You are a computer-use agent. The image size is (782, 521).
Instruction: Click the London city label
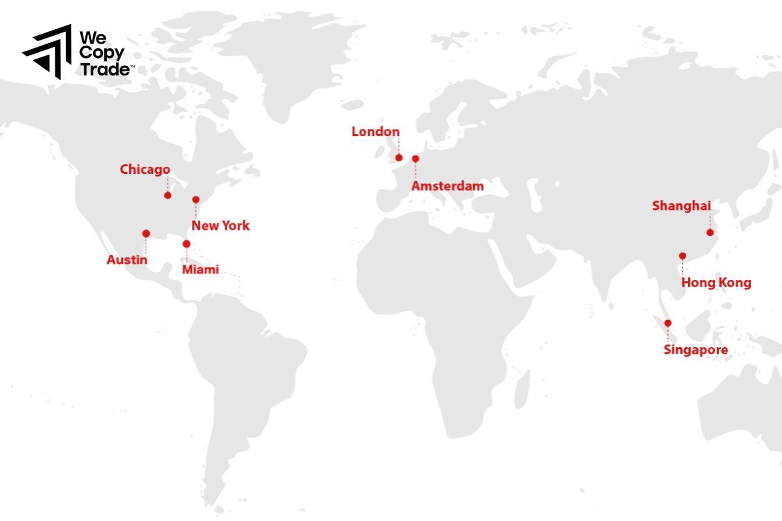click(375, 132)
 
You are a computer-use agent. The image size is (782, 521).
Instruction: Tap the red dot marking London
click(399, 157)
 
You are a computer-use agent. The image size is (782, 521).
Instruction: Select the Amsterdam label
click(448, 186)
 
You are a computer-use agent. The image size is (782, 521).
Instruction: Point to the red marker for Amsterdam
click(416, 158)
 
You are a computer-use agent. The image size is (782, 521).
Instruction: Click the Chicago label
click(145, 170)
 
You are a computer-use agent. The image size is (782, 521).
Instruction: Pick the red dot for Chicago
click(167, 195)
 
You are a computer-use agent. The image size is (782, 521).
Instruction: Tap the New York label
click(220, 226)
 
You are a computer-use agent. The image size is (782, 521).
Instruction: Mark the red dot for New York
click(195, 199)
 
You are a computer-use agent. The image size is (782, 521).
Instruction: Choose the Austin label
click(127, 260)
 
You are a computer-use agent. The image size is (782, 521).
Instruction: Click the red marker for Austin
click(146, 233)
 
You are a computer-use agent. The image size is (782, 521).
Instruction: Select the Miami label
click(201, 270)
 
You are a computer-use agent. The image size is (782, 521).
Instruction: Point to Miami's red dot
click(186, 244)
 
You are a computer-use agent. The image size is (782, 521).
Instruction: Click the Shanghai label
click(681, 206)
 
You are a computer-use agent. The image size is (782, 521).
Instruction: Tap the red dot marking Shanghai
click(710, 232)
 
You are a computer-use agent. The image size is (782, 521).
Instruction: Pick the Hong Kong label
click(716, 283)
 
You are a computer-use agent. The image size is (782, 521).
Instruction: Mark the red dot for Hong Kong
click(682, 256)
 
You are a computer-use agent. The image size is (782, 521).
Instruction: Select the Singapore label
click(695, 350)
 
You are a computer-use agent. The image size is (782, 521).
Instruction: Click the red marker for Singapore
click(667, 323)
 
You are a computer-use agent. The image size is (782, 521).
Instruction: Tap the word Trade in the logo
click(104, 70)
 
